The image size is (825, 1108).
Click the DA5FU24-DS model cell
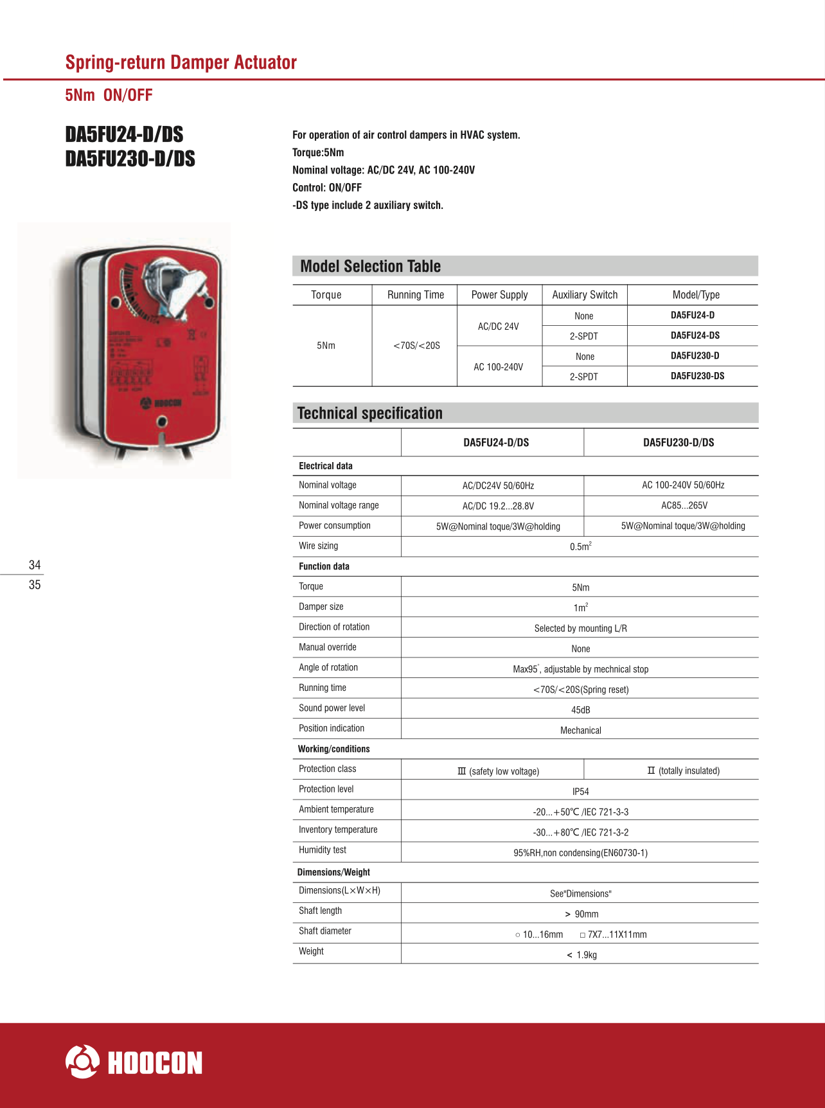pyautogui.click(x=695, y=335)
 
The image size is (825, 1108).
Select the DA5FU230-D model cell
pyautogui.click(x=695, y=356)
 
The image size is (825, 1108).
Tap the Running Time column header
pyautogui.click(x=415, y=295)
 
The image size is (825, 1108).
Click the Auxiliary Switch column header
pyautogui.click(x=585, y=295)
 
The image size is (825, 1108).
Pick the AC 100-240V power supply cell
pyautogui.click(x=498, y=367)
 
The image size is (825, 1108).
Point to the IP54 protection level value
pyautogui.click(x=580, y=792)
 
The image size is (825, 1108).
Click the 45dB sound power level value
pyautogui.click(x=580, y=710)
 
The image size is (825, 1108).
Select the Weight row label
pyautogui.click(x=311, y=951)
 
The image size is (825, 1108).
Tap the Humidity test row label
pyautogui.click(x=323, y=850)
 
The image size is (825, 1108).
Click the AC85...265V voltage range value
pyautogui.click(x=684, y=506)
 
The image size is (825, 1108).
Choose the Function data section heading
pyautogui.click(x=324, y=566)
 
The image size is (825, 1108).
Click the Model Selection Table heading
pyautogui.click(x=370, y=266)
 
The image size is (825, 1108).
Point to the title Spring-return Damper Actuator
pyautogui.click(x=181, y=62)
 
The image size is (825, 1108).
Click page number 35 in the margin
pyautogui.click(x=35, y=585)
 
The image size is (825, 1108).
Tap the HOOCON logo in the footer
pyautogui.click(x=134, y=1062)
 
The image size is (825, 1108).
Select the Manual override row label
pyautogui.click(x=327, y=647)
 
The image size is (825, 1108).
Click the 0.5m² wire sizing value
pyautogui.click(x=580, y=546)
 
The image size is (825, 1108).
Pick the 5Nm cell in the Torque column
pyautogui.click(x=326, y=346)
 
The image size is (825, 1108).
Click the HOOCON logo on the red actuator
pyautogui.click(x=161, y=403)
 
